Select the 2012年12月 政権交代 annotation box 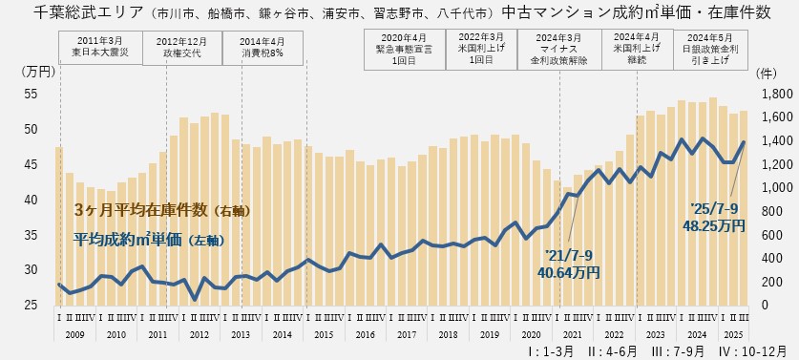[x=181, y=48]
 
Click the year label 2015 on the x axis [x=324, y=336]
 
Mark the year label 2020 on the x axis [x=531, y=336]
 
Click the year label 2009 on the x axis [x=75, y=336]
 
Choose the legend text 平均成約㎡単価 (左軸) [x=148, y=241]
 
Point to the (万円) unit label [x=36, y=73]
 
